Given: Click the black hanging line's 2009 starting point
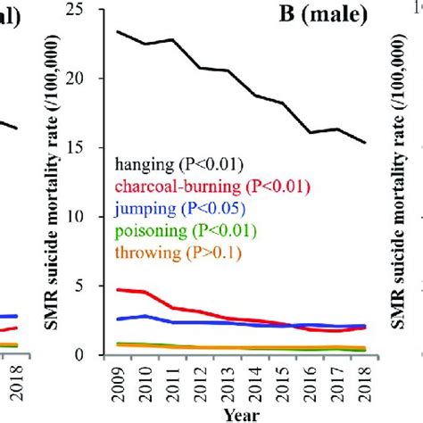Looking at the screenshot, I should pos(119,31).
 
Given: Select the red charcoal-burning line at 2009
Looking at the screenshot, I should pos(119,289).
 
